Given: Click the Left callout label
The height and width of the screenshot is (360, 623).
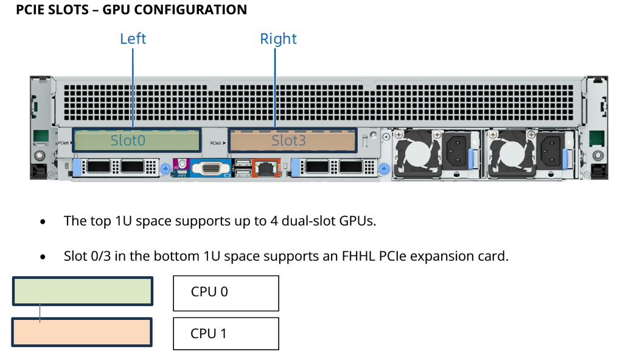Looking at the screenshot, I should coord(133,39).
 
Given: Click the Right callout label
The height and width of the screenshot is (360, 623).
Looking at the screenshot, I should coord(278,39).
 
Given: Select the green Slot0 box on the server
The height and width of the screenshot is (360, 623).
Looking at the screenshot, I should coord(137,140).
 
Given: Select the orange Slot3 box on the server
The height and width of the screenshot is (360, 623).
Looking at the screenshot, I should coord(292,140).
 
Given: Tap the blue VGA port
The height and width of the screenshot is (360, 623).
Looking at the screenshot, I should coord(210,167).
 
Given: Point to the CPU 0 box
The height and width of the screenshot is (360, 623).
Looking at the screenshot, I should coord(226,292).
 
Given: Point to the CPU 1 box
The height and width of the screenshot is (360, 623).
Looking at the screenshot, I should coord(226,333).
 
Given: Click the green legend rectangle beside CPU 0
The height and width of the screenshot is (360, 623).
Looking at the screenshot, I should coord(82,291).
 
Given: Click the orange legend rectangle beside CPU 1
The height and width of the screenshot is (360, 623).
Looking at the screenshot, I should coord(82,333).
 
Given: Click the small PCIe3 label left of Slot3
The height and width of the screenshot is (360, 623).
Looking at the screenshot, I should coord(218,143).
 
